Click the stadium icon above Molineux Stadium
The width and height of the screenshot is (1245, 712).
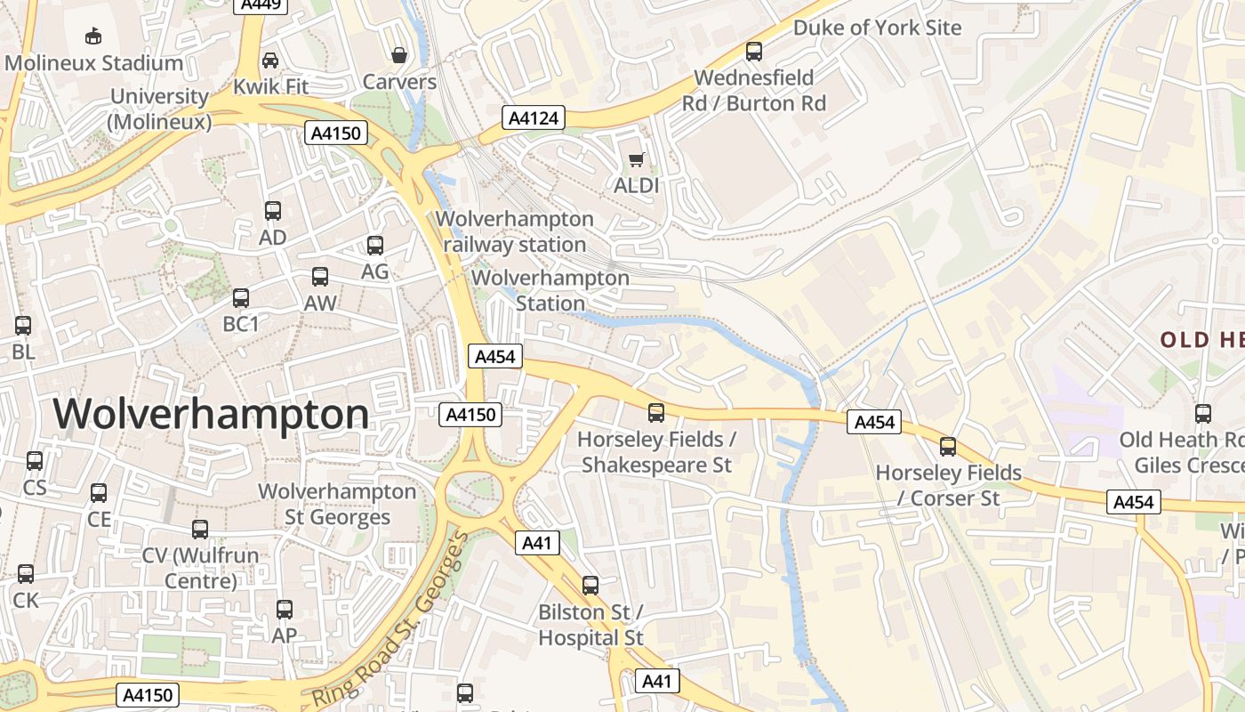pyautogui.click(x=92, y=36)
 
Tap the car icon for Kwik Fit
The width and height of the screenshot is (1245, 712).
pyautogui.click(x=270, y=61)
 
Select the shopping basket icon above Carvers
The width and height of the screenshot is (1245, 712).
pyautogui.click(x=399, y=55)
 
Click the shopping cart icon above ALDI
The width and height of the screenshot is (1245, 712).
pyautogui.click(x=636, y=160)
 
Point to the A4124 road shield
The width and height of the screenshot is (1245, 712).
pyautogui.click(x=533, y=117)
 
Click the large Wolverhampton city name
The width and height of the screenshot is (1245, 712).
pyautogui.click(x=211, y=415)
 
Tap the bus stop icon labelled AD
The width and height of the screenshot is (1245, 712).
pyautogui.click(x=273, y=211)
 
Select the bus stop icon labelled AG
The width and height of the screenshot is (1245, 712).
pyautogui.click(x=375, y=246)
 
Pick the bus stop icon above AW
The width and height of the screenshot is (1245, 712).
pyautogui.click(x=320, y=277)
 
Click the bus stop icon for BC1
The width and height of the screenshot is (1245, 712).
pyautogui.click(x=241, y=298)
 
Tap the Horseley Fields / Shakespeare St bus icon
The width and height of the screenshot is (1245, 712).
pyautogui.click(x=656, y=413)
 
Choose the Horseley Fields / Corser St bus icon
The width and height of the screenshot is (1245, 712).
pyautogui.click(x=948, y=447)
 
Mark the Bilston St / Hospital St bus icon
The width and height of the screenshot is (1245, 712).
pyautogui.click(x=590, y=586)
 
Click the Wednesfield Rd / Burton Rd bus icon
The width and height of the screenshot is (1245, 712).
pyautogui.click(x=754, y=52)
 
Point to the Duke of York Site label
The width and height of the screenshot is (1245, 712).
pyautogui.click(x=877, y=28)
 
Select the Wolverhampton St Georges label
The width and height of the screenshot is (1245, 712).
pyautogui.click(x=337, y=504)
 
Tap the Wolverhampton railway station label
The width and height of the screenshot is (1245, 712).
pyautogui.click(x=515, y=231)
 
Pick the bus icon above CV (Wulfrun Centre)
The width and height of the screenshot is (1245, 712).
pyautogui.click(x=200, y=530)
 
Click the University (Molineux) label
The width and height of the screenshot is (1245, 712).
pyautogui.click(x=160, y=109)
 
